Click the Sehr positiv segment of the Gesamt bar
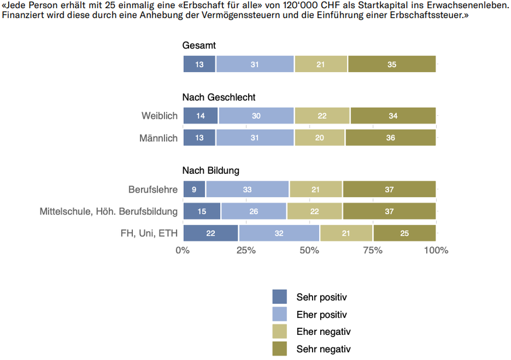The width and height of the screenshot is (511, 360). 200,64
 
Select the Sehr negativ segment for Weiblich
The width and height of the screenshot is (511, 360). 393,116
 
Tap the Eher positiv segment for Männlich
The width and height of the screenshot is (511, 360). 255,138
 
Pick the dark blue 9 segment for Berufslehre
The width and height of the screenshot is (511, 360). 194,189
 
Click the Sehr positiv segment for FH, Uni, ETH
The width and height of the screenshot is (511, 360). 211,233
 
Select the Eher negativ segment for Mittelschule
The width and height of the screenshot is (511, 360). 315,211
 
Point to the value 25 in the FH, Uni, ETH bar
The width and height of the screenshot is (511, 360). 404,233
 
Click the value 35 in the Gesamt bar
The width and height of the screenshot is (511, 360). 392,64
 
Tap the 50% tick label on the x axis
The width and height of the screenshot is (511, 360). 310,251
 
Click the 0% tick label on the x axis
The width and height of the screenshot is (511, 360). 183,251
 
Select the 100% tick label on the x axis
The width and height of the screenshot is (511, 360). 435,251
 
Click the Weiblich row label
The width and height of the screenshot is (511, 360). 159,116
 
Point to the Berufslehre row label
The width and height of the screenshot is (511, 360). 153,189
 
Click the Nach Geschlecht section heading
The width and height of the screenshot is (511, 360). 219,97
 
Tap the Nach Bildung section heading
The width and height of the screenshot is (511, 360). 211,170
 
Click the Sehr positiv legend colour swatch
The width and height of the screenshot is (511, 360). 280,297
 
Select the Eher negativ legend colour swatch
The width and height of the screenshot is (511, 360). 280,332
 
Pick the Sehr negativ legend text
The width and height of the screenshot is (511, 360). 323,349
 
